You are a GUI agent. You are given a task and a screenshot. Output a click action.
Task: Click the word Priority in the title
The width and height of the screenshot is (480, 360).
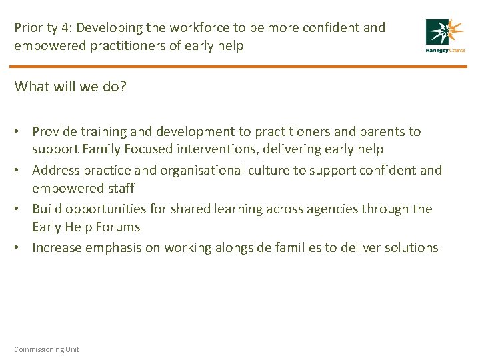click(x=35, y=29)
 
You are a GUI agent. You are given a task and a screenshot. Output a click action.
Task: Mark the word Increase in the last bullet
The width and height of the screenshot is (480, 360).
click(x=57, y=247)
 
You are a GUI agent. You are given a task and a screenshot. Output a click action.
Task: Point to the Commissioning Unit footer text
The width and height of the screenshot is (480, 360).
click(x=47, y=349)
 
